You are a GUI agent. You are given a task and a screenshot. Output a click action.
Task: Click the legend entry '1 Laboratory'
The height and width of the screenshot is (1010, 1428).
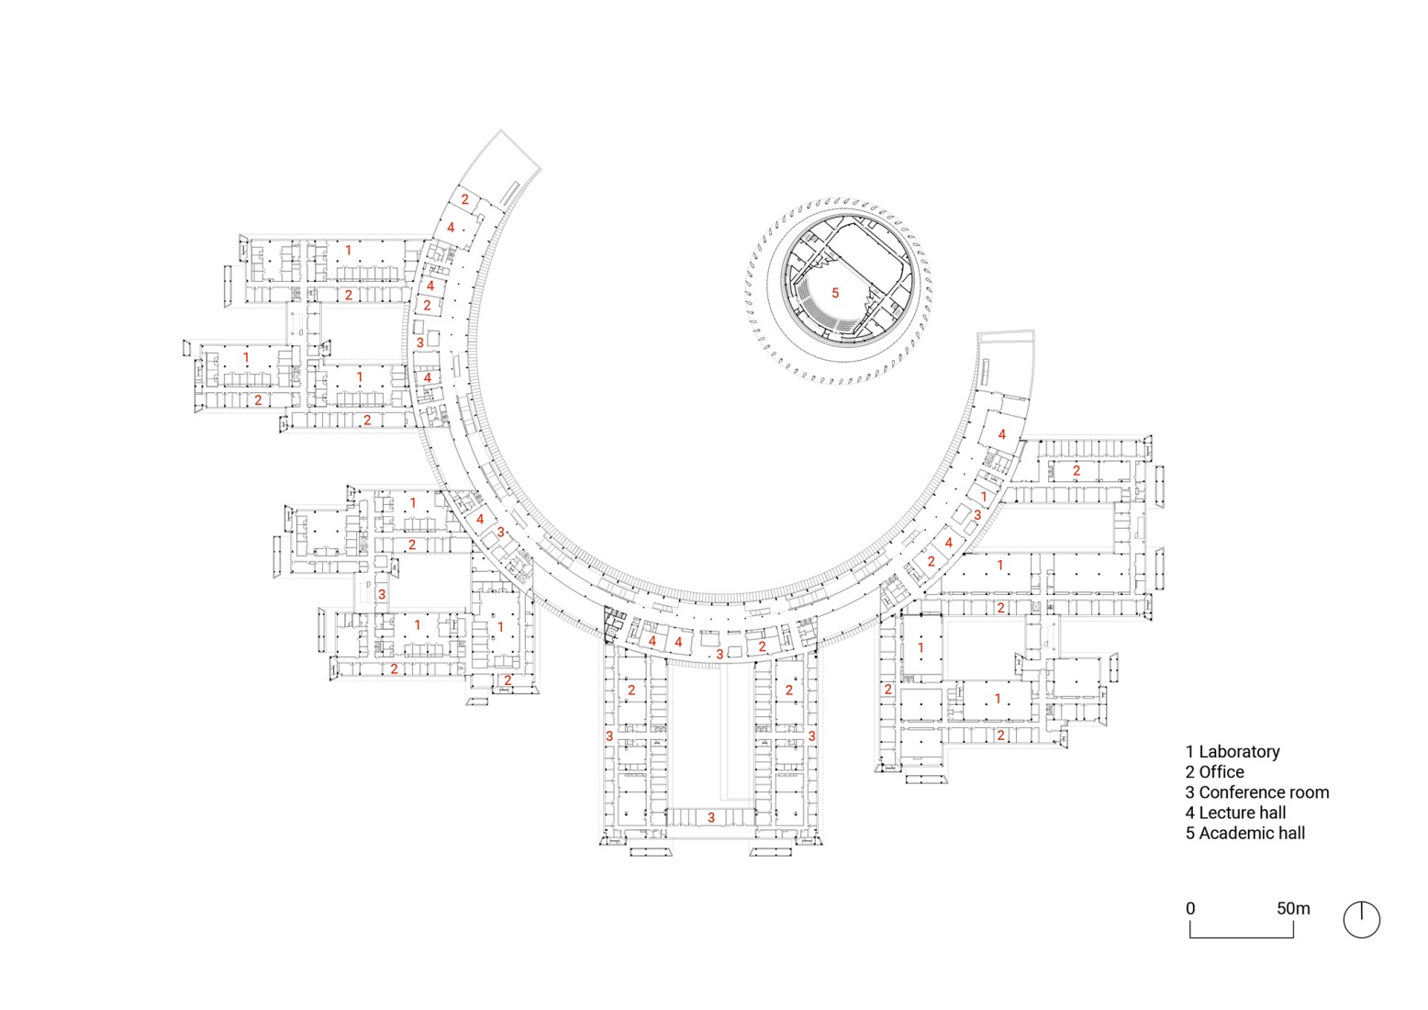click(x=1232, y=752)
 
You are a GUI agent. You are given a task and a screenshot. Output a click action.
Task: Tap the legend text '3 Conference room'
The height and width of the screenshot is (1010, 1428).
click(x=1256, y=792)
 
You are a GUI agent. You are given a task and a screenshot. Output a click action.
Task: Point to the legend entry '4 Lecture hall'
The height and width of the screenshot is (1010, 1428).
click(x=1235, y=813)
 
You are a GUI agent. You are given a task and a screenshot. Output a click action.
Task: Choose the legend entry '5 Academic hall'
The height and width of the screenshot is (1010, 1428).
click(x=1244, y=833)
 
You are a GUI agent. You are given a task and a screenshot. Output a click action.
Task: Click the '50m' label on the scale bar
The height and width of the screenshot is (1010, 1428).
click(x=1293, y=908)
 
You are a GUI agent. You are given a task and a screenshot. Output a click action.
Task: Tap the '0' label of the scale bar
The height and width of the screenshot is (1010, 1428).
click(x=1190, y=908)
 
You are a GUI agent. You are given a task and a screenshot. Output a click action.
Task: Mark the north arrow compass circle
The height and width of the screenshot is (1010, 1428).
click(x=1361, y=919)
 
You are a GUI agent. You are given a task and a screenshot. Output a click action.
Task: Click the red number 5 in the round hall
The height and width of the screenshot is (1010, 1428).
click(x=835, y=293)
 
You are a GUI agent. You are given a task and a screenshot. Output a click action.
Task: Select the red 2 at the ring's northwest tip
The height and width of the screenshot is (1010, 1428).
click(x=465, y=199)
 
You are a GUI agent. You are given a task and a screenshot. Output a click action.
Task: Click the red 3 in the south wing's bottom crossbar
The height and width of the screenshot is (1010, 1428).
click(x=710, y=817)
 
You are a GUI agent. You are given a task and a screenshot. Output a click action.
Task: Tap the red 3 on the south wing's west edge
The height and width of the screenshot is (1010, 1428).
click(x=609, y=736)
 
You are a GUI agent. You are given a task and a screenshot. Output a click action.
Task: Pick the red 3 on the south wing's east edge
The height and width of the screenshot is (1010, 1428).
click(x=812, y=736)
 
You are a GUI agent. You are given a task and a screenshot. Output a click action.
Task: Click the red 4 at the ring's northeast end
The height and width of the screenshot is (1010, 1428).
click(x=1002, y=434)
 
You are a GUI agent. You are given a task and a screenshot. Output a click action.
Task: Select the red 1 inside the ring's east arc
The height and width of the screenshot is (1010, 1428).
click(x=984, y=497)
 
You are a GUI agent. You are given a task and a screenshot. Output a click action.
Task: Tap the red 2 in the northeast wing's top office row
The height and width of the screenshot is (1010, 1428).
click(x=1077, y=471)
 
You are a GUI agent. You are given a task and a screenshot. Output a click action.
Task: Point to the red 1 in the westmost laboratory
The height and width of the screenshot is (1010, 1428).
click(x=246, y=357)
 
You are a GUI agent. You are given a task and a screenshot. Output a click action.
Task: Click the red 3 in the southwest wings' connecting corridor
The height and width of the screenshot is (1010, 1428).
click(x=382, y=595)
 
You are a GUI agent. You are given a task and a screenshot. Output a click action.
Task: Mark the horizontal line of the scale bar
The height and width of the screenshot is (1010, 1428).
click(x=1242, y=937)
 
